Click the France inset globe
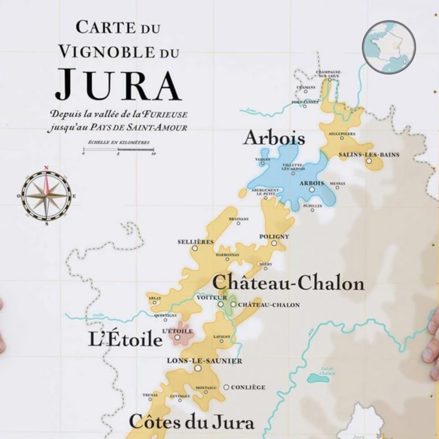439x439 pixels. tap(385, 46)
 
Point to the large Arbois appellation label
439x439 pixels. tap(274, 138)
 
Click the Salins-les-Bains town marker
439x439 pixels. tap(369, 161)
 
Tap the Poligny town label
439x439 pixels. tap(274, 236)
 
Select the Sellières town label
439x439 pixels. tap(195, 241)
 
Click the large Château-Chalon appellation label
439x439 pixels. tap(289, 284)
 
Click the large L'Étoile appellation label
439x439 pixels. tap(125, 340)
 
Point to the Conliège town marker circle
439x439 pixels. tap(226, 387)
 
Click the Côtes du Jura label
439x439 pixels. tap(191, 422)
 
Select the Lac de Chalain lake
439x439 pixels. tap(318, 378)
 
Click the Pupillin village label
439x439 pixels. tap(312, 204)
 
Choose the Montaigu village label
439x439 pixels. tap(206, 387)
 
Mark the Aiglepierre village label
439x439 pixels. tap(342, 133)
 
